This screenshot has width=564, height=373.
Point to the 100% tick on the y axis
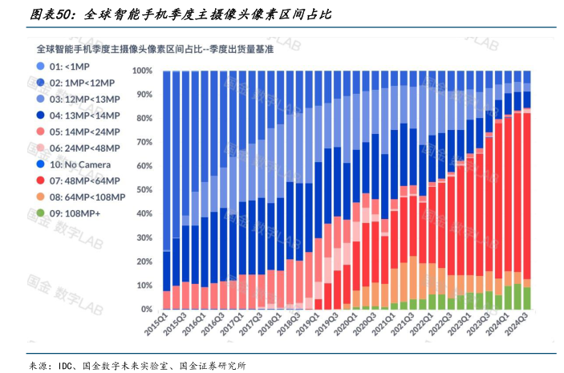(143, 71)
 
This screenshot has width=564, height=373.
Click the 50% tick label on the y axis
(144, 190)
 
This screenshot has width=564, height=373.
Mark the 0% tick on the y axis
(147, 309)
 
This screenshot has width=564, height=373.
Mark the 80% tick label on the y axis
(144, 118)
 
